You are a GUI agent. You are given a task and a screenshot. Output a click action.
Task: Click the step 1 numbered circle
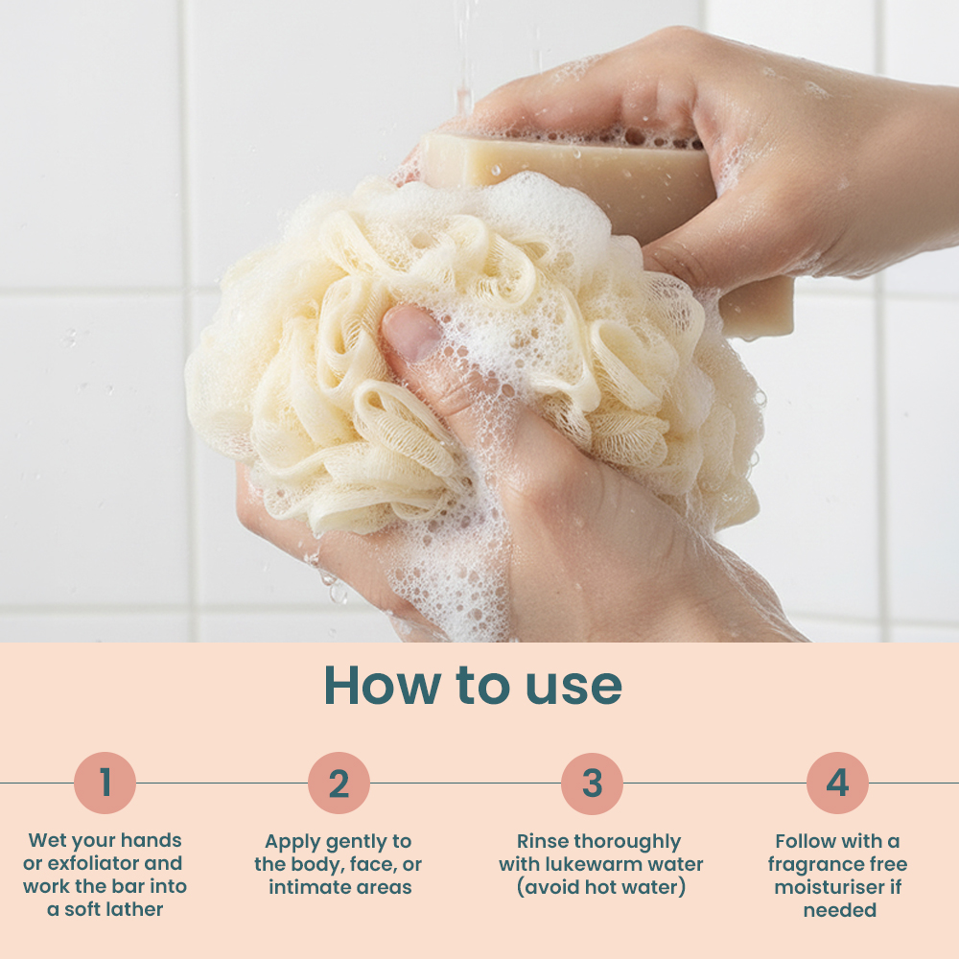[x=105, y=783]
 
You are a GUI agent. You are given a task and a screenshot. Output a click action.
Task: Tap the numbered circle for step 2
[x=339, y=783]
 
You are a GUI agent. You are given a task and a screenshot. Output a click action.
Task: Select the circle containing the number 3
[x=592, y=783]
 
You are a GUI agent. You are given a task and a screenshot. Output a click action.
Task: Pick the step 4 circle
[x=837, y=783]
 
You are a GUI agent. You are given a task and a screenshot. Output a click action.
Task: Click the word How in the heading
[x=383, y=685]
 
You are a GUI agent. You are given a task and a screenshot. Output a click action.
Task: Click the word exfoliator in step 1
[x=94, y=863]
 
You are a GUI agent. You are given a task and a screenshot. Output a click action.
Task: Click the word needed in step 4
[x=840, y=910]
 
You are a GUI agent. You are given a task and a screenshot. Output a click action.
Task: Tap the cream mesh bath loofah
[x=471, y=361]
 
